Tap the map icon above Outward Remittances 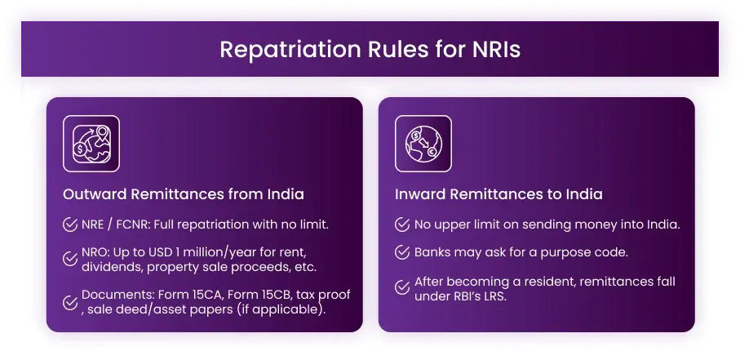pos(91,144)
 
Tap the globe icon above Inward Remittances pos(423,144)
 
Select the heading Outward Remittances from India pos(183,194)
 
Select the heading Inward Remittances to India pos(499,194)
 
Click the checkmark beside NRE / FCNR pos(70,224)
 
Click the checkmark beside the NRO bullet pos(70,259)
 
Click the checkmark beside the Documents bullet pos(70,301)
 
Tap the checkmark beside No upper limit pos(402,224)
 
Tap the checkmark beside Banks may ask pos(402,252)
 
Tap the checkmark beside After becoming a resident pos(402,287)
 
